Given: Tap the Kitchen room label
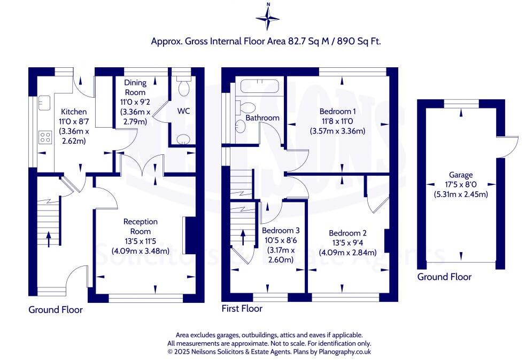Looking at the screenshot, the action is tap(74, 112).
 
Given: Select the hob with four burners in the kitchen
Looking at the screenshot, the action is tap(45, 137).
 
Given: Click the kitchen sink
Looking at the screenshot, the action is tap(44, 103).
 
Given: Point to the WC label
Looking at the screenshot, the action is tap(183, 111).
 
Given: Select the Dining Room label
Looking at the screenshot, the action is tap(135, 87).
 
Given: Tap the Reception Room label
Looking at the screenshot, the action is tap(140, 226).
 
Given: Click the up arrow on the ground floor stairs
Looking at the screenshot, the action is tap(49, 239).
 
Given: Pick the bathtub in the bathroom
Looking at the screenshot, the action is tap(259, 86).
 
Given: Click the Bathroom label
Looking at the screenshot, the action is tap(262, 118).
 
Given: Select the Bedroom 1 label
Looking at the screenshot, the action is tap(337, 111).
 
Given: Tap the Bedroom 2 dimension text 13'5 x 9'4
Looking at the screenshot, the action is tap(347, 242).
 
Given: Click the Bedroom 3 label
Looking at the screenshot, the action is tap(281, 231).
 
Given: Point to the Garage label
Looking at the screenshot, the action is tap(461, 175).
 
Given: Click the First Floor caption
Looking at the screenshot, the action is tap(242, 308).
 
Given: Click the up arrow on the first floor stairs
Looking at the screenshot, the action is tap(243, 238).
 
